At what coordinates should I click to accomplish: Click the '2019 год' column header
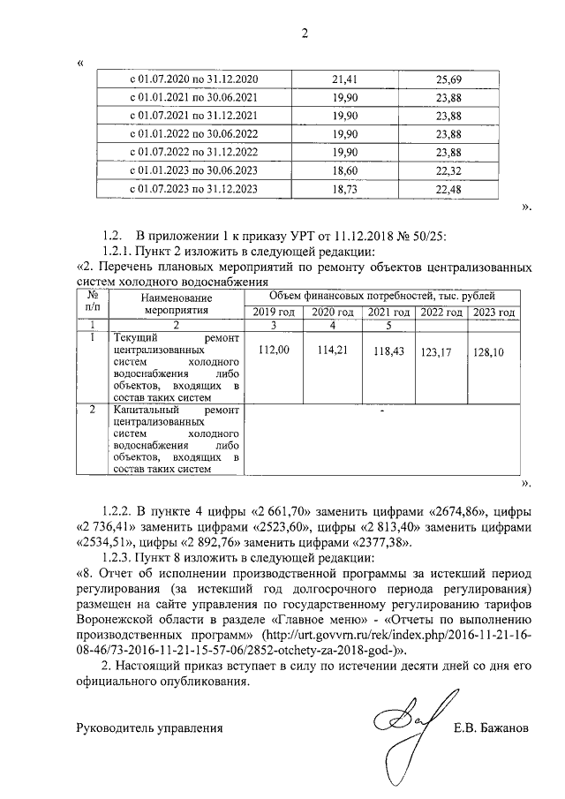click(x=273, y=313)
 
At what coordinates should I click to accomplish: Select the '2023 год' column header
click(x=493, y=313)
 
